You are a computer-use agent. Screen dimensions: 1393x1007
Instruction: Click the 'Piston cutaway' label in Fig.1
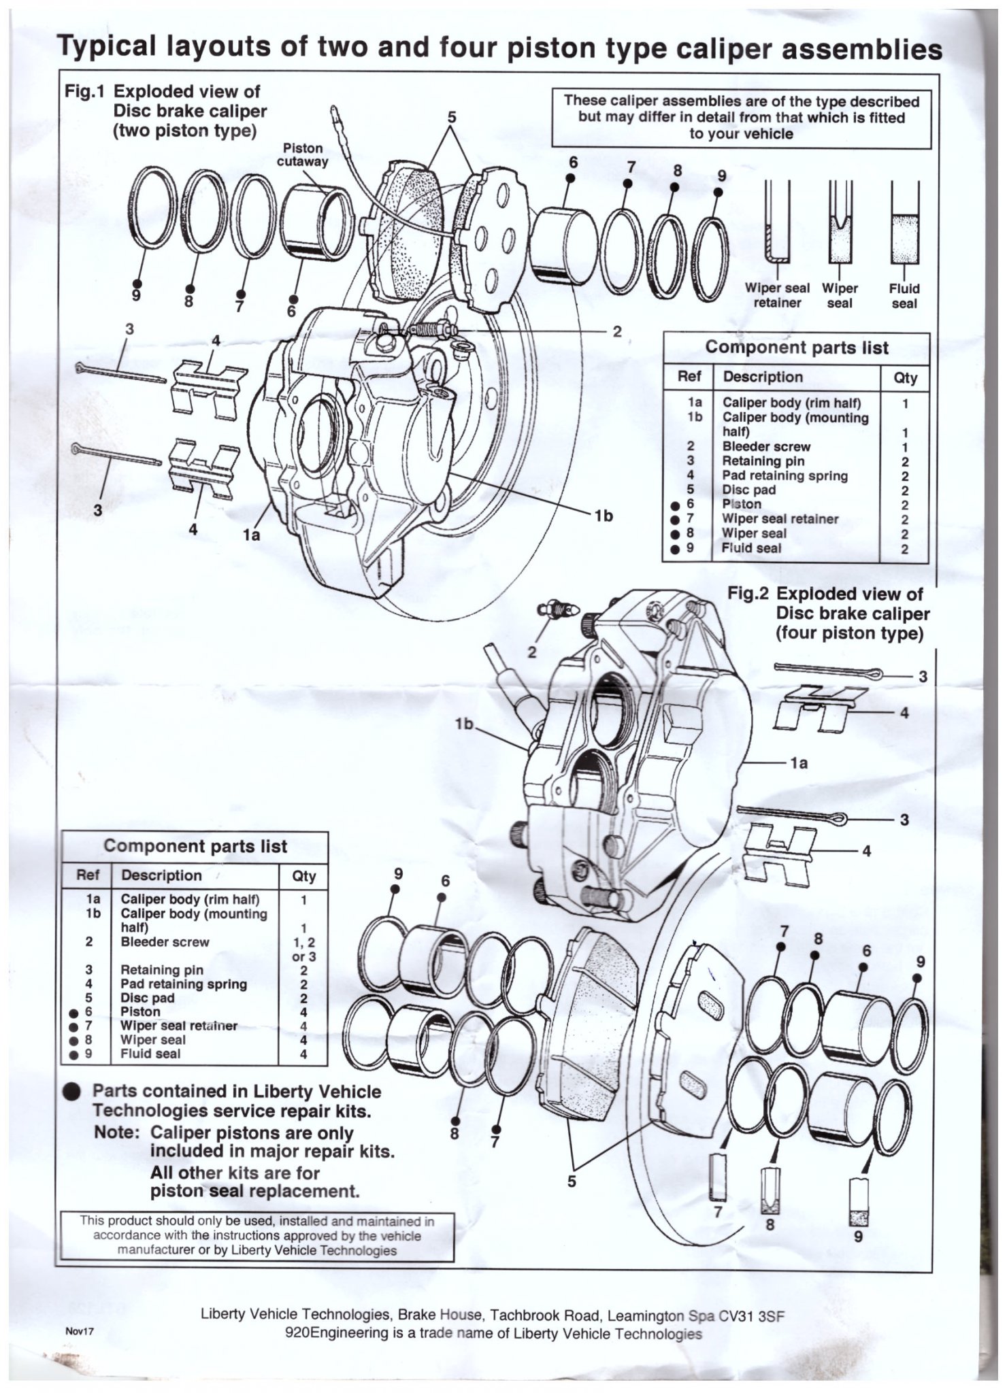303,154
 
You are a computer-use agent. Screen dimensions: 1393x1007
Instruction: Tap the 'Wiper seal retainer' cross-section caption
777,295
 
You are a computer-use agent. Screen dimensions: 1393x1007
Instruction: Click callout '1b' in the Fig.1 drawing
603,516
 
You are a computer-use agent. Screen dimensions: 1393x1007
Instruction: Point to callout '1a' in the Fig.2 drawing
799,763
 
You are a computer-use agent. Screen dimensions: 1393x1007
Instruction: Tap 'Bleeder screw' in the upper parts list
766,447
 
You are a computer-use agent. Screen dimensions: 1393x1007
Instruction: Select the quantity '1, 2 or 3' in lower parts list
303,950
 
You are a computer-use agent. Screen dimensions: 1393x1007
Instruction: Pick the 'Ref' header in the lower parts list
88,875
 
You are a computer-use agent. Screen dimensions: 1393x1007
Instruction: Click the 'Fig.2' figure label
748,594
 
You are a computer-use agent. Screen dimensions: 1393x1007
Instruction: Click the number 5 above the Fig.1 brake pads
450,117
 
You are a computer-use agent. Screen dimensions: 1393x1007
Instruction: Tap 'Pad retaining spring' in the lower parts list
183,984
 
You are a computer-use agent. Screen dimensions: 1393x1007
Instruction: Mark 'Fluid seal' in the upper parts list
751,548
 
